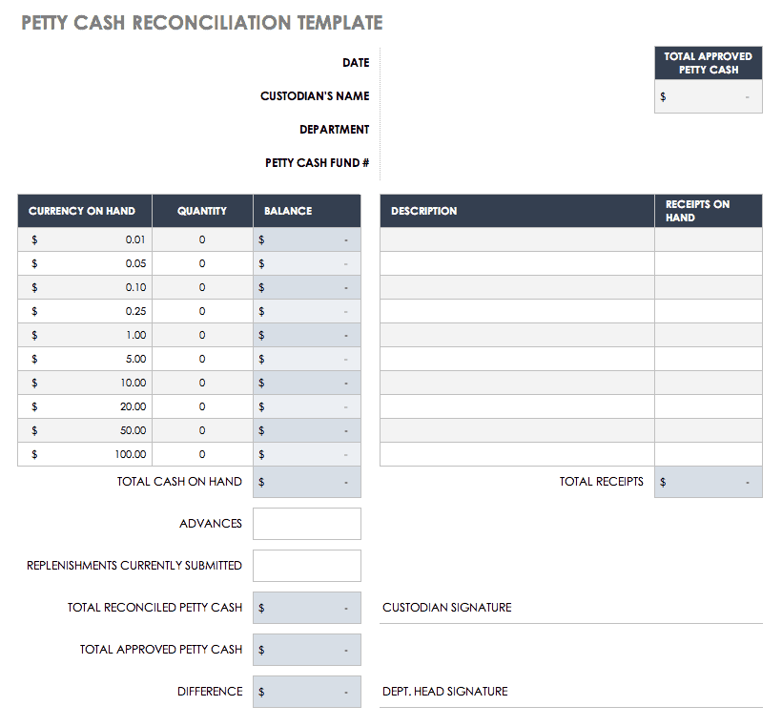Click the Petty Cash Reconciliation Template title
coord(202,23)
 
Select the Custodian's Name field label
coord(315,96)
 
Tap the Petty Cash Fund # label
coord(317,163)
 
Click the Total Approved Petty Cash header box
coord(708,63)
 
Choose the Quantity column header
coord(202,211)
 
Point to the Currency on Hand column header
coord(82,211)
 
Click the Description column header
coord(423,211)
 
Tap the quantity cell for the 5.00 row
coord(202,359)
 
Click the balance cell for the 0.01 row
coord(307,239)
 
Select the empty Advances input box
coord(307,524)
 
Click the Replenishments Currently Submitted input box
coord(307,566)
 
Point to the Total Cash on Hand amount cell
coord(307,482)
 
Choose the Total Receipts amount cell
coord(709,482)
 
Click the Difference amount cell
coord(307,692)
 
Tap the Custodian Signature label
coord(446,608)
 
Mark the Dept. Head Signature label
coord(444,692)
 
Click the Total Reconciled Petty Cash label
coord(154,608)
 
